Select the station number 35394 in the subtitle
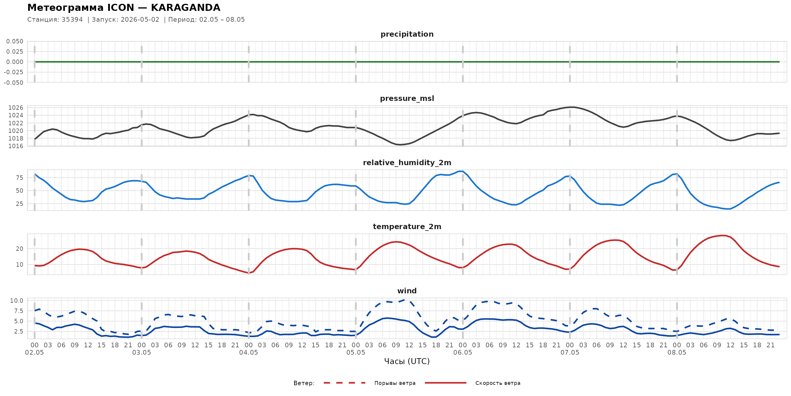[72, 19]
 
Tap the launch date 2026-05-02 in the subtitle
[140, 19]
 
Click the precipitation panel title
[407, 34]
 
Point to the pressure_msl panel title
[407, 98]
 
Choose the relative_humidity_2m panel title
[407, 163]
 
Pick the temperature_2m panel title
[407, 226]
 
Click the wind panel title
[407, 291]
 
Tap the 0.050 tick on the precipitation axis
[15, 41]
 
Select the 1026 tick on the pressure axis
[16, 108]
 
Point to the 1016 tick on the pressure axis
[16, 146]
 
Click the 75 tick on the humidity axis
[20, 178]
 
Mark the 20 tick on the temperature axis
[20, 249]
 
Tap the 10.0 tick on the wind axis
[17, 301]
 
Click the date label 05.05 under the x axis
[356, 352]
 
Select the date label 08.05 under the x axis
[677, 352]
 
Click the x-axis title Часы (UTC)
[407, 361]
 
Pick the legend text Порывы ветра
[395, 383]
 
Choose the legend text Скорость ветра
[498, 383]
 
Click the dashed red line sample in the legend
[345, 383]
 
